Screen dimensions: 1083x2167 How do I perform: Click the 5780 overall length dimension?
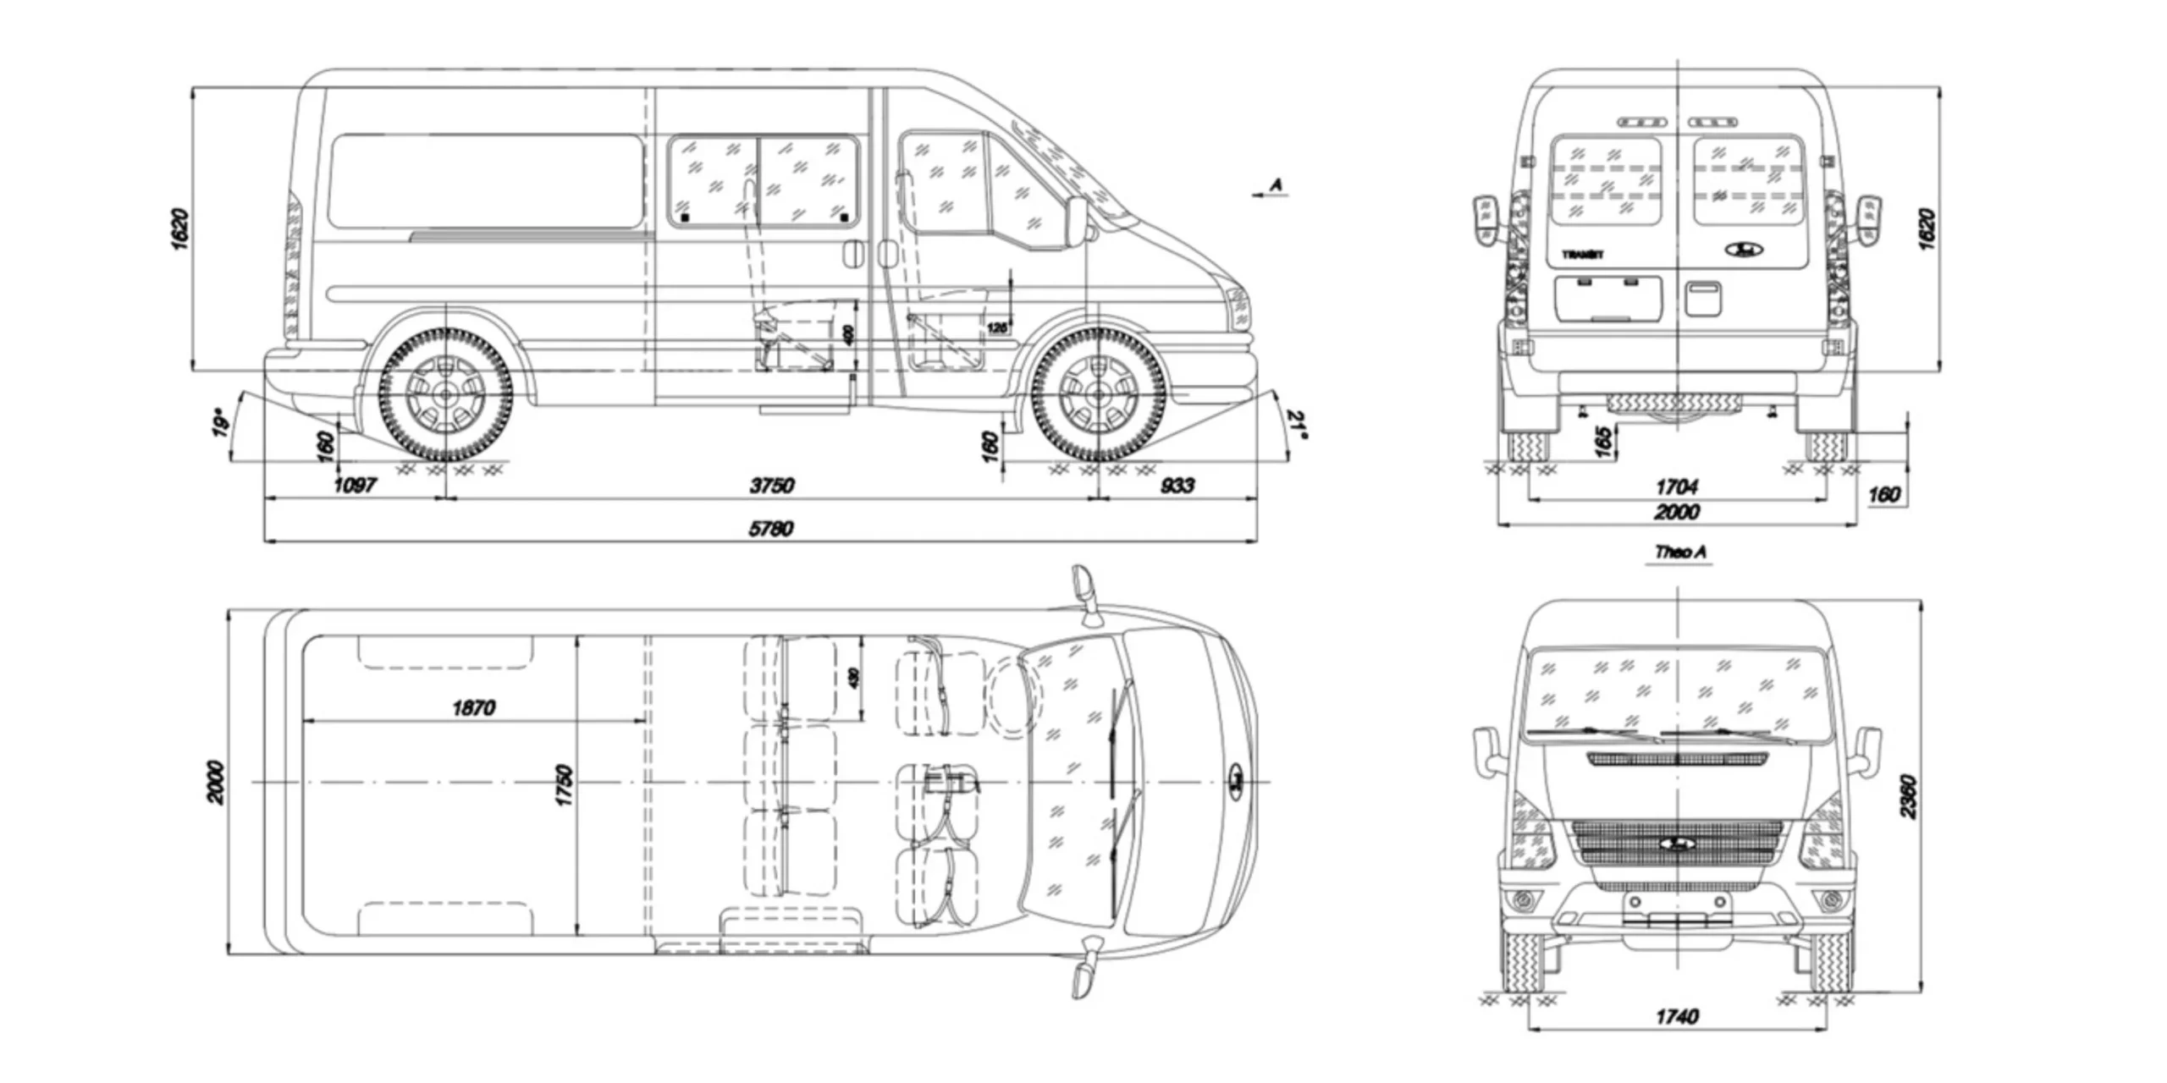pos(770,529)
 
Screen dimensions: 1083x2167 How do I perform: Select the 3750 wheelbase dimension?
pos(771,486)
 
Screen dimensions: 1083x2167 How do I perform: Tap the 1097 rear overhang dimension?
pos(355,486)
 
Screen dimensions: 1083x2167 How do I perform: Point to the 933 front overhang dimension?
pos(1177,486)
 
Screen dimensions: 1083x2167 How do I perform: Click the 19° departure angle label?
pos(221,422)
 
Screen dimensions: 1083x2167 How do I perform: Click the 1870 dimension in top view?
pos(474,708)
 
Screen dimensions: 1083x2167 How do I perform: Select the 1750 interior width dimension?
pos(565,785)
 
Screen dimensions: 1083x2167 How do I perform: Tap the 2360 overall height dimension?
pos(1908,796)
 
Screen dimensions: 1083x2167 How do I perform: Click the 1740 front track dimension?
pos(1676,1016)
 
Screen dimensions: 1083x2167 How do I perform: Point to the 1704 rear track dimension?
pos(1676,487)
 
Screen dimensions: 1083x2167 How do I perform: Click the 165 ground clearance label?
pos(1602,442)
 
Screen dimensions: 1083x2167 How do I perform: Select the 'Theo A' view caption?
pos(1680,552)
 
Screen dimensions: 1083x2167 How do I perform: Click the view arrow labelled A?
pos(1271,190)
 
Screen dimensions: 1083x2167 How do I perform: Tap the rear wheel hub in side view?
pos(445,394)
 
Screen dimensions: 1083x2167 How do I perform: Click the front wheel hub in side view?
pos(1098,394)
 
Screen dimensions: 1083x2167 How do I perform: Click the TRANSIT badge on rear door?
pos(1582,254)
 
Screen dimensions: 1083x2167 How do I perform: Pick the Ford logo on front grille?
pos(1676,844)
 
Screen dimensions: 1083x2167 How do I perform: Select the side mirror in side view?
pos(1077,221)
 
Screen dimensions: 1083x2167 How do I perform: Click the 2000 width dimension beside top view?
pos(216,783)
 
